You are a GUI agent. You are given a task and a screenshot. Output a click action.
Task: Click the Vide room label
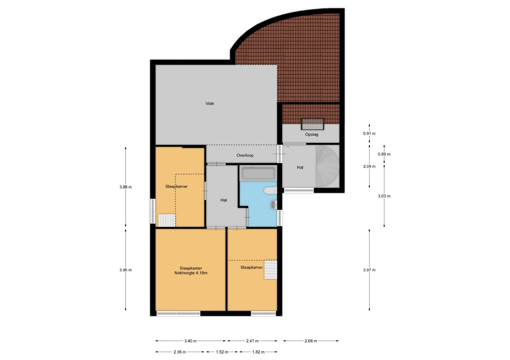coord(210,103)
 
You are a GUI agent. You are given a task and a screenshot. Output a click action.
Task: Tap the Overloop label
coord(245,155)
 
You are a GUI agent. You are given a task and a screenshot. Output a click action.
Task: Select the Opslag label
coord(312,134)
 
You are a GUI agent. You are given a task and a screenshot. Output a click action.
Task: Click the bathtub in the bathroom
coord(258,174)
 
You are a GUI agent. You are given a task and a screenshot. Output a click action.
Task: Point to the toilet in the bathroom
coord(270,191)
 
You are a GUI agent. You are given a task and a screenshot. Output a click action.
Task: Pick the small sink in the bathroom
coord(273,204)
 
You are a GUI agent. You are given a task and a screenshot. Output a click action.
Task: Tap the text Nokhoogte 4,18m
coord(191,273)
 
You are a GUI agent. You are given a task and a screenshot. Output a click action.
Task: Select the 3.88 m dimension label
coord(126,187)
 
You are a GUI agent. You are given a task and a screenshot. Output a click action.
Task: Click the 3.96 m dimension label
coord(126,270)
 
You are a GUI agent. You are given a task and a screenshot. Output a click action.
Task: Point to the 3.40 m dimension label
coord(191,341)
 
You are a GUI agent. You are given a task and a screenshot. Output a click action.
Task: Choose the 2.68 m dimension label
coord(311,341)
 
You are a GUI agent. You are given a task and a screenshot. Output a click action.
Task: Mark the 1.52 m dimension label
coord(222,352)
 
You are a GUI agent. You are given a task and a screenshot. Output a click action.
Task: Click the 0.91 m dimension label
coord(369,134)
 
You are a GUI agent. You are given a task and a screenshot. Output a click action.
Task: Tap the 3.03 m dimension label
coord(384,196)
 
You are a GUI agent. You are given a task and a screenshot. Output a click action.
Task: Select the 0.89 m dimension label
coord(384,154)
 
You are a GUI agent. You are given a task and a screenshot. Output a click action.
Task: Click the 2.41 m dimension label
coord(252,341)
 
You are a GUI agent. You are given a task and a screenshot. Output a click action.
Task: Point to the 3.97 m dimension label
coord(369,270)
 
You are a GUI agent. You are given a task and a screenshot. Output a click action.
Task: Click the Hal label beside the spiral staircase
coord(300,167)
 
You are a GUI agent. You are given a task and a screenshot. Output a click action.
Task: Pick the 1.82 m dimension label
coord(258,352)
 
